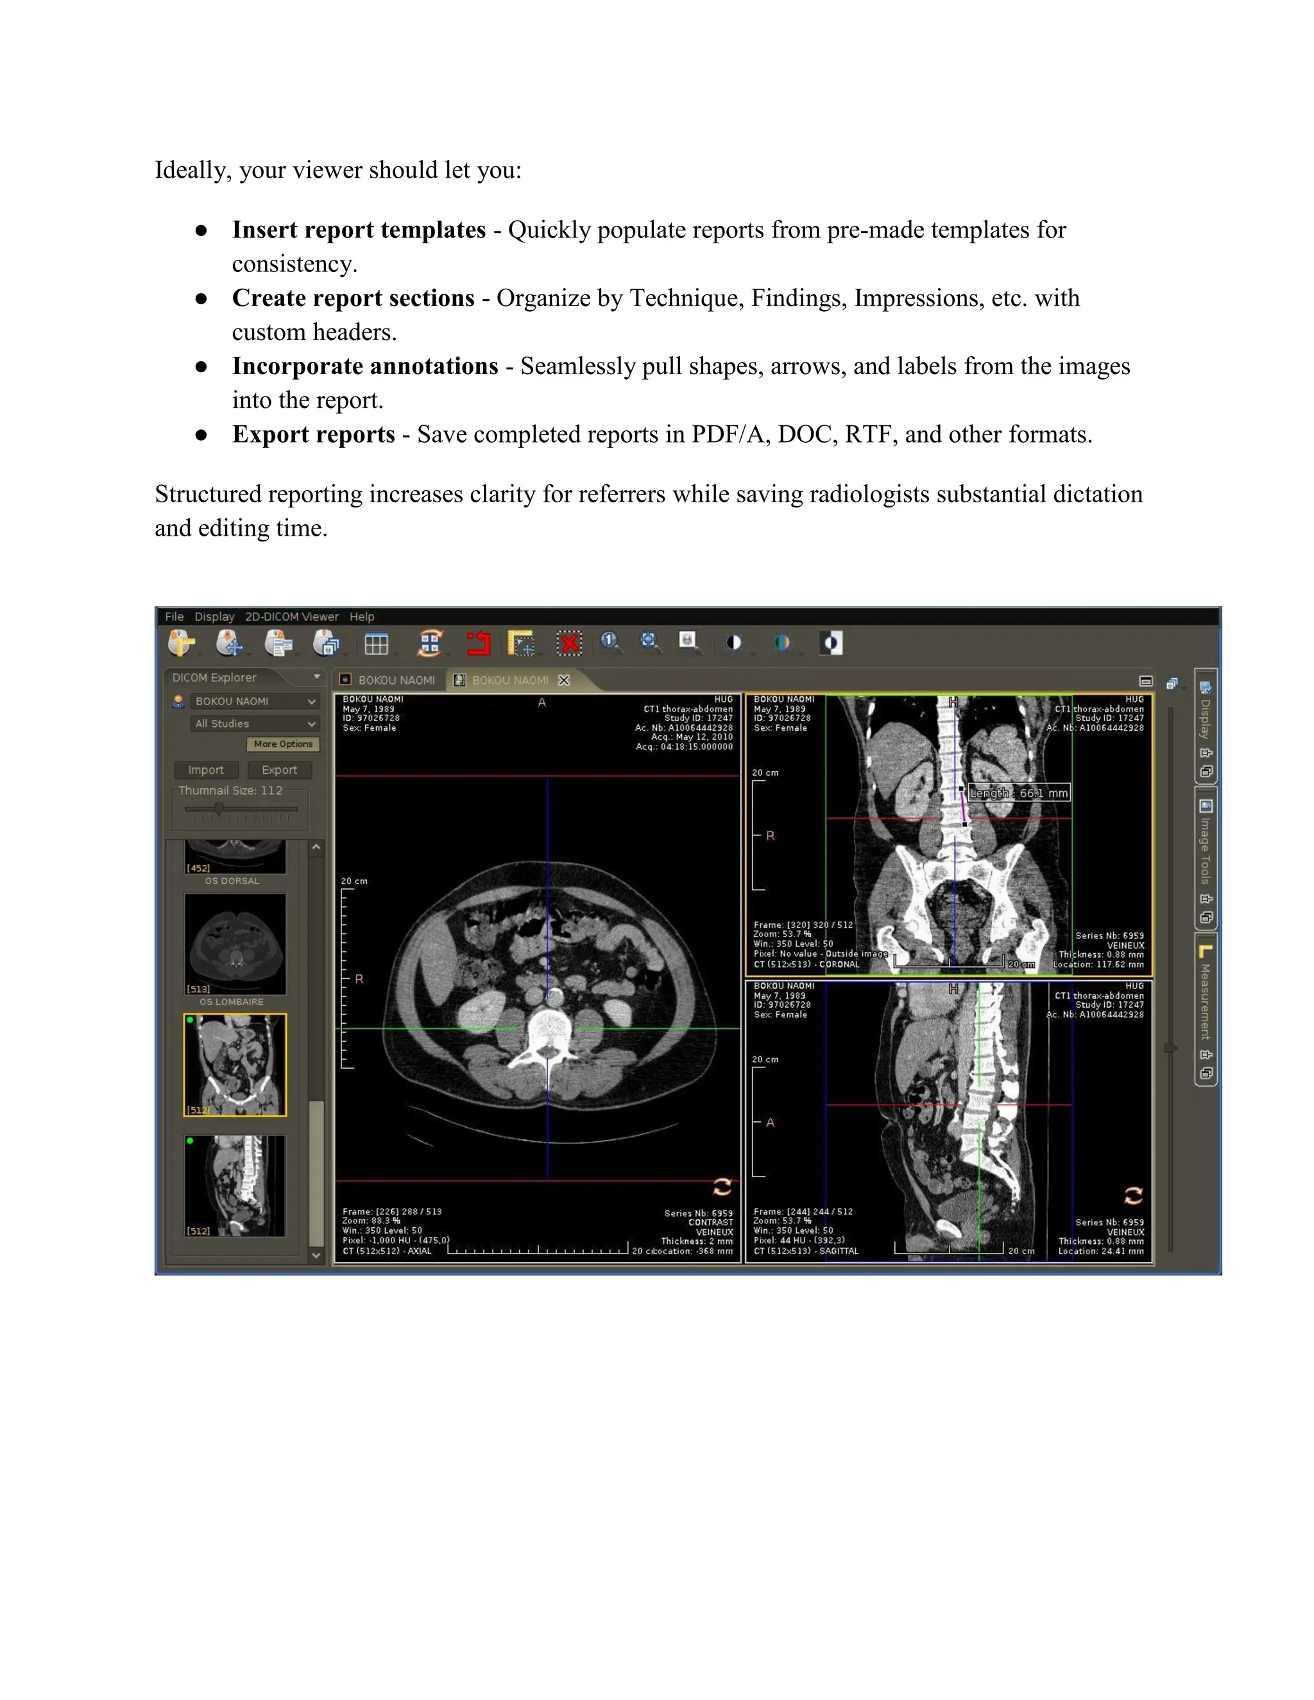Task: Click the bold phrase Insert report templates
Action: [358, 230]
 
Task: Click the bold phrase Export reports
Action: [313, 434]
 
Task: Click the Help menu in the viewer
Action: [361, 616]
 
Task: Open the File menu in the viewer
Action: [174, 616]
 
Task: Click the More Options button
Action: [282, 744]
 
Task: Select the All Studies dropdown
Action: [255, 724]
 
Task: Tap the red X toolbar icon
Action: [570, 643]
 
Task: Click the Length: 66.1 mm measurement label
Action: [1018, 793]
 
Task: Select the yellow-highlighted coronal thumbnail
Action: [235, 1065]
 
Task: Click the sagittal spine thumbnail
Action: [235, 1186]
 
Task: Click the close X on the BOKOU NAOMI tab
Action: [565, 680]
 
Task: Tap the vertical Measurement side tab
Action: [1205, 1002]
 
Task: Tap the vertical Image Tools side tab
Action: [1205, 850]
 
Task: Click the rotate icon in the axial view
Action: [722, 1187]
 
